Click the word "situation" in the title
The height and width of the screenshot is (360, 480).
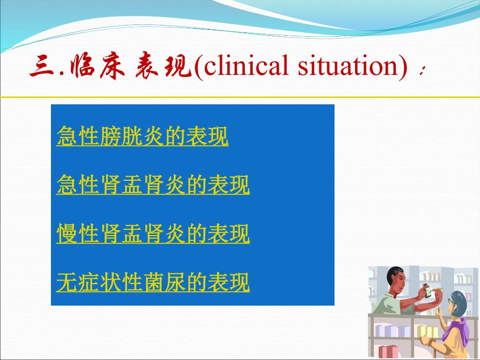348,65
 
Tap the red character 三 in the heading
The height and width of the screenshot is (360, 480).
43,66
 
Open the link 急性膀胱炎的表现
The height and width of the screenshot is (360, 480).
143,136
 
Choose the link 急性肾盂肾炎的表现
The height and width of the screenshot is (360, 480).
153,185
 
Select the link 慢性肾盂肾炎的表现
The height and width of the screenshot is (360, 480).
153,234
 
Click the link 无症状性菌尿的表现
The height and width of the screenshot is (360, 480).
153,282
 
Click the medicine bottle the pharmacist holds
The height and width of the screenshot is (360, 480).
427,290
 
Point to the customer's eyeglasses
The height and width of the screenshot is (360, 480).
451,301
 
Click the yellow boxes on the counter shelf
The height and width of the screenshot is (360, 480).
427,331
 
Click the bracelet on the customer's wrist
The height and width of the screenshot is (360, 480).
432,342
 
